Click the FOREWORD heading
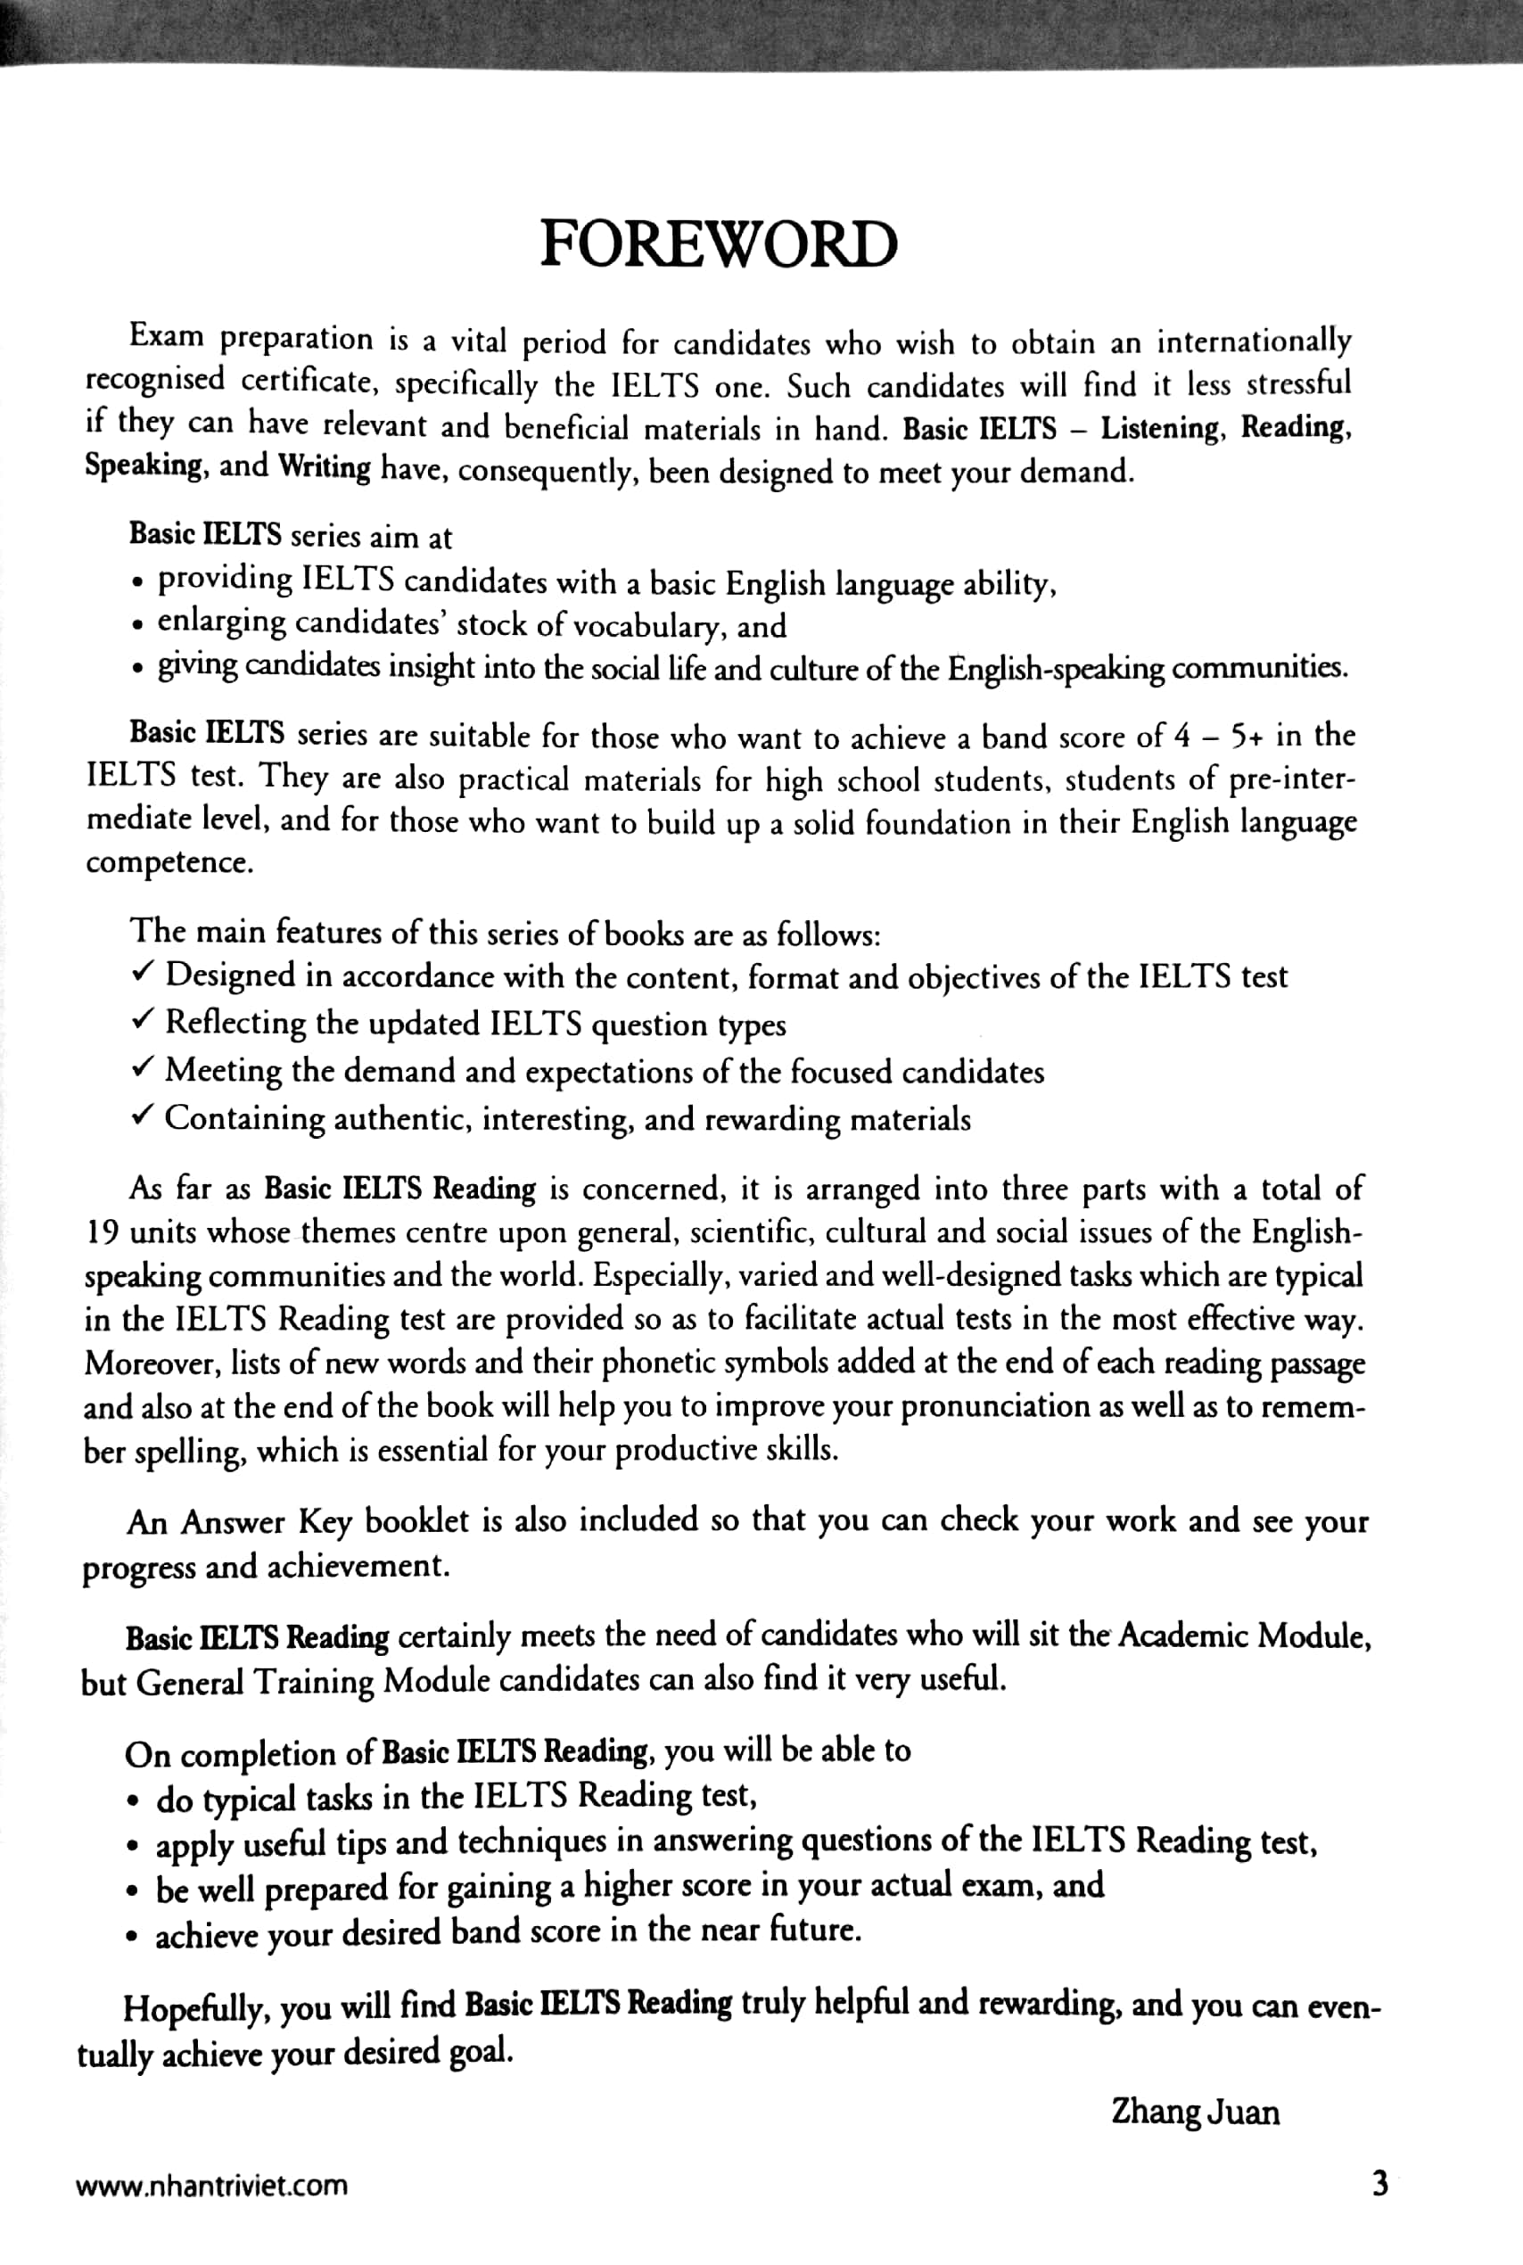coord(718,243)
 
